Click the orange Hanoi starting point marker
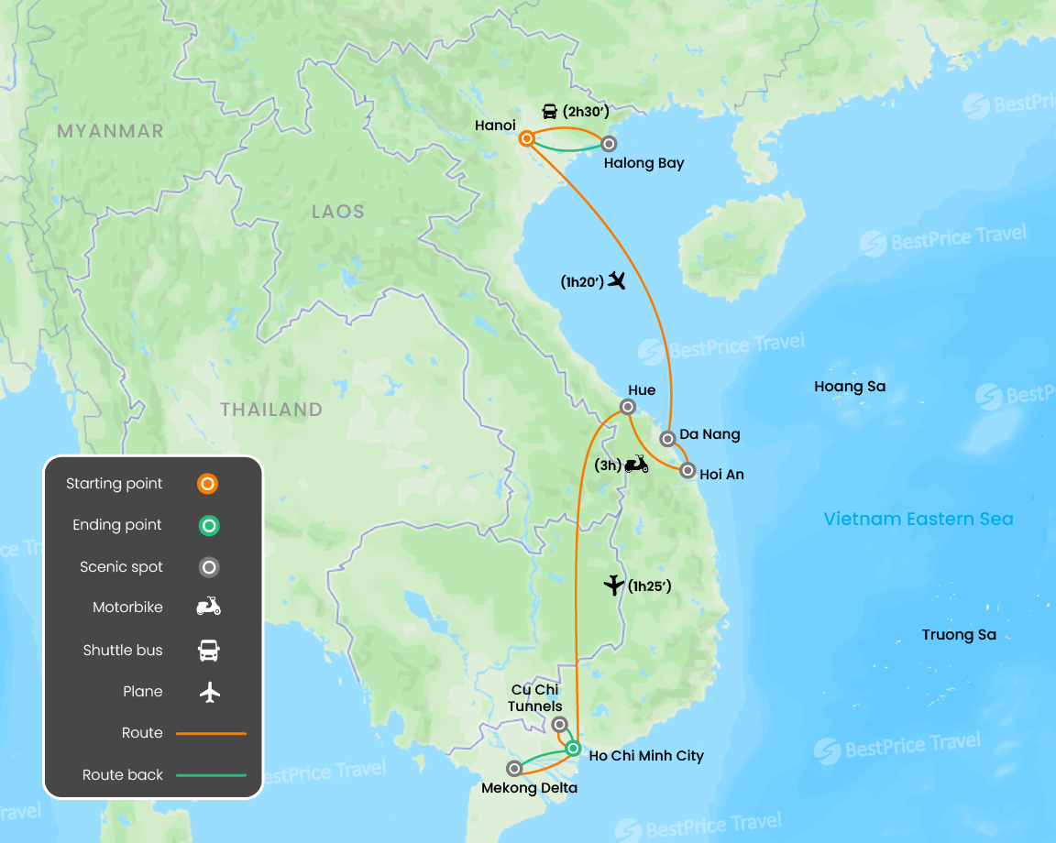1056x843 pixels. coord(527,139)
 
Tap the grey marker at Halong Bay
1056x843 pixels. coord(608,143)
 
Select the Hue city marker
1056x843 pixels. coord(628,407)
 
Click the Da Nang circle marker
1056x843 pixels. coord(668,439)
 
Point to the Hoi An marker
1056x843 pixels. coord(687,471)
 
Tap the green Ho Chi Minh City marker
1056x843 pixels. coord(573,749)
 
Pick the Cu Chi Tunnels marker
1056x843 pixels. coord(560,724)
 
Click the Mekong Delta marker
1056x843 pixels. coord(515,768)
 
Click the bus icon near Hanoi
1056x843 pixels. coord(550,112)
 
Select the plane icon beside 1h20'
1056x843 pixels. coord(616,280)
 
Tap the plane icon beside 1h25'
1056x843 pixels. coord(614,585)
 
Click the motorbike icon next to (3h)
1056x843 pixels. coord(636,465)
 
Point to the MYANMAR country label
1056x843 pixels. coord(110,131)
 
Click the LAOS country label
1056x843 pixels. coord(337,212)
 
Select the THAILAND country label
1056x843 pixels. coord(271,410)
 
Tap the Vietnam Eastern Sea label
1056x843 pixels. coord(918,520)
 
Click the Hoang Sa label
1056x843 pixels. coord(850,387)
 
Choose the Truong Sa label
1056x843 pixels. coord(959,635)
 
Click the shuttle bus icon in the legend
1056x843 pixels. coord(209,651)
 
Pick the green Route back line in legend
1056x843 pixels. coord(211,775)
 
